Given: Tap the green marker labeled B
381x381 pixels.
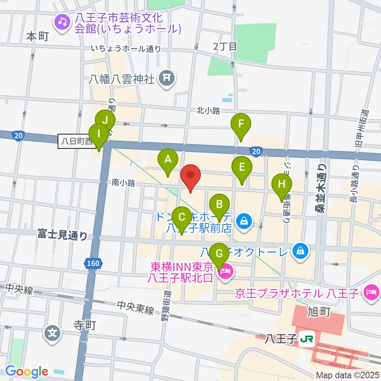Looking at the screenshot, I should point(219,205).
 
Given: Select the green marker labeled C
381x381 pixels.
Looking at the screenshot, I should point(182,217).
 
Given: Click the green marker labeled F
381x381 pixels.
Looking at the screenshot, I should point(241,124).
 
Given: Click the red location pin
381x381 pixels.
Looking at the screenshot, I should point(190,175).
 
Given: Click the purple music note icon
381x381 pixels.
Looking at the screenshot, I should point(62,21).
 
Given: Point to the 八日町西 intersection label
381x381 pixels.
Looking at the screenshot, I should point(76,140).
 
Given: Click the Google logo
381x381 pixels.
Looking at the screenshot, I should point(27,371).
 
